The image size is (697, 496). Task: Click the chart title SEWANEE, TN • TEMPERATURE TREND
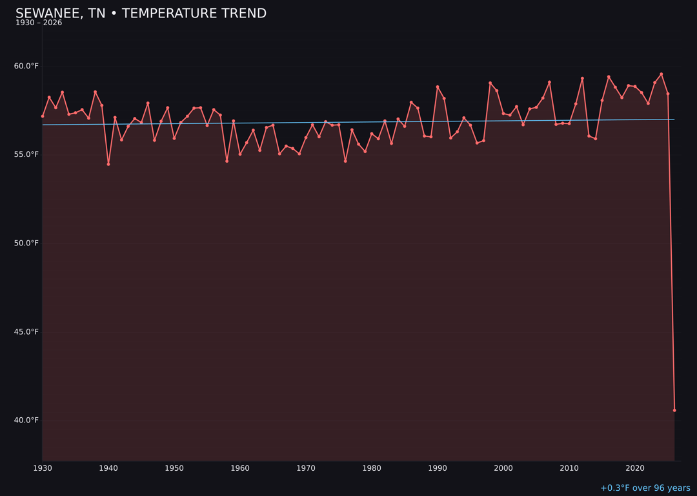[x=141, y=14]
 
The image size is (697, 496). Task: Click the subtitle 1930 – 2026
[x=39, y=23]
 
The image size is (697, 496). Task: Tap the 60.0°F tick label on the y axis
[x=26, y=66]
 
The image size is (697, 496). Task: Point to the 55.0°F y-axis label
[x=26, y=154]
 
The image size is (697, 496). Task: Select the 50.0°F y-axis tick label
[x=26, y=243]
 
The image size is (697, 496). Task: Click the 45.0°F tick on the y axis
[x=26, y=332]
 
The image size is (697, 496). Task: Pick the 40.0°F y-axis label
[x=26, y=420]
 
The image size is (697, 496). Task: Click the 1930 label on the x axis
[x=42, y=468]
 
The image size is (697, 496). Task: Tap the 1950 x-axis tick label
[x=174, y=468]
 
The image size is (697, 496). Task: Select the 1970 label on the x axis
[x=306, y=468]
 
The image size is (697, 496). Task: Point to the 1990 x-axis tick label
[x=438, y=468]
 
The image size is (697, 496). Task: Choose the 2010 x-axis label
[x=569, y=468]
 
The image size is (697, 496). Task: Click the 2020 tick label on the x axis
[x=635, y=468]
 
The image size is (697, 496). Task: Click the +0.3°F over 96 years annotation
[x=645, y=488]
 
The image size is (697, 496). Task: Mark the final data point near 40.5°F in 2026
[x=674, y=410]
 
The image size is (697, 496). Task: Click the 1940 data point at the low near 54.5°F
[x=108, y=164]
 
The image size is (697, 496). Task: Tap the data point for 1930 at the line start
[x=43, y=116]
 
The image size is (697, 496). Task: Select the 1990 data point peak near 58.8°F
[x=438, y=87]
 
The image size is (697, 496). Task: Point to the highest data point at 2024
[x=661, y=74]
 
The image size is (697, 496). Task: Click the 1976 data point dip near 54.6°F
[x=345, y=161]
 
